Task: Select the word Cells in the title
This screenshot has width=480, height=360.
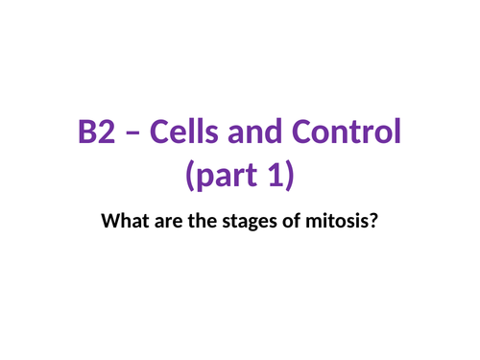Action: pyautogui.click(x=182, y=133)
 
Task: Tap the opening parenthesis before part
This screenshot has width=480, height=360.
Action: pyautogui.click(x=188, y=177)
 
